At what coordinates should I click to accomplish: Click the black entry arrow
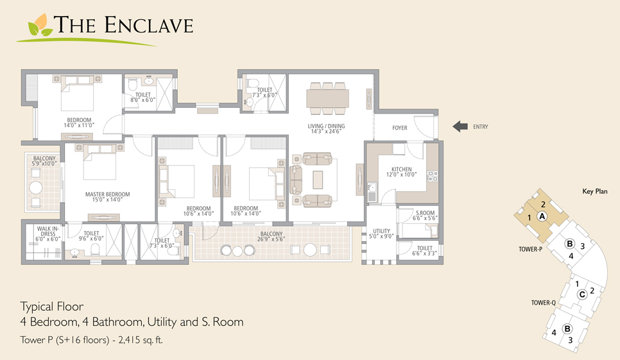point(460,126)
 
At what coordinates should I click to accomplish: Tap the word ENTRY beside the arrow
point(481,127)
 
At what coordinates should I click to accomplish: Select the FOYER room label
point(400,128)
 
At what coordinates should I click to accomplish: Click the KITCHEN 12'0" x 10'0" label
point(402,172)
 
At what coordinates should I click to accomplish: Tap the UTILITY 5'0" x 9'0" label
point(381,234)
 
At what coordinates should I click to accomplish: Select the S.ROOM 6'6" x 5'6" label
point(425,216)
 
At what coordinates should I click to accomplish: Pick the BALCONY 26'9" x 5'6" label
point(271,236)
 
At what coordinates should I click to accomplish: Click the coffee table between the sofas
point(318,180)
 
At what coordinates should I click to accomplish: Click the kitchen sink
point(372,192)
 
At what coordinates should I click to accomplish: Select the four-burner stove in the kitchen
point(433,176)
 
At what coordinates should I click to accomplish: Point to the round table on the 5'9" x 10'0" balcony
point(36,188)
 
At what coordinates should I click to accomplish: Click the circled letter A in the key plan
point(542,216)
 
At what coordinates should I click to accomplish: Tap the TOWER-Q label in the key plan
point(543,303)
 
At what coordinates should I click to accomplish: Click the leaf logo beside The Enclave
point(40,26)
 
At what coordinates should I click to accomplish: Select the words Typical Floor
point(52,307)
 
